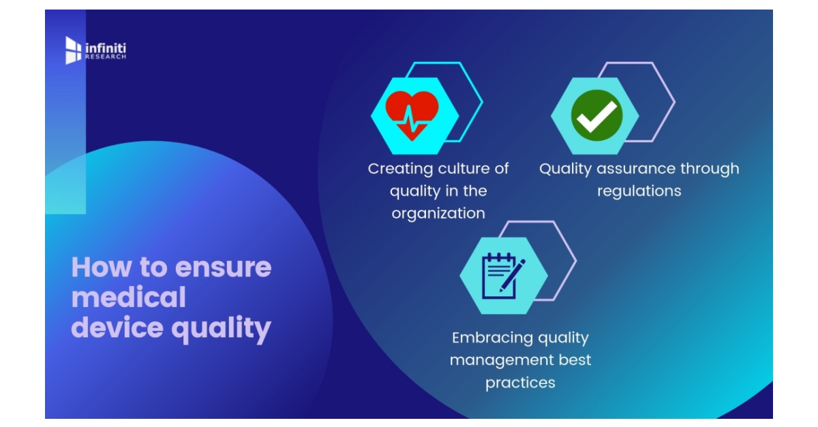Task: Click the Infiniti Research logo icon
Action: pos(73,50)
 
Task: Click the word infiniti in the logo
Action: pos(105,48)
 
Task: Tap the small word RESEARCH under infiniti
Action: pos(105,57)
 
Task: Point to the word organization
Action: pos(438,213)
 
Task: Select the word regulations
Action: pos(639,191)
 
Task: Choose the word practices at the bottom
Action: pos(520,383)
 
